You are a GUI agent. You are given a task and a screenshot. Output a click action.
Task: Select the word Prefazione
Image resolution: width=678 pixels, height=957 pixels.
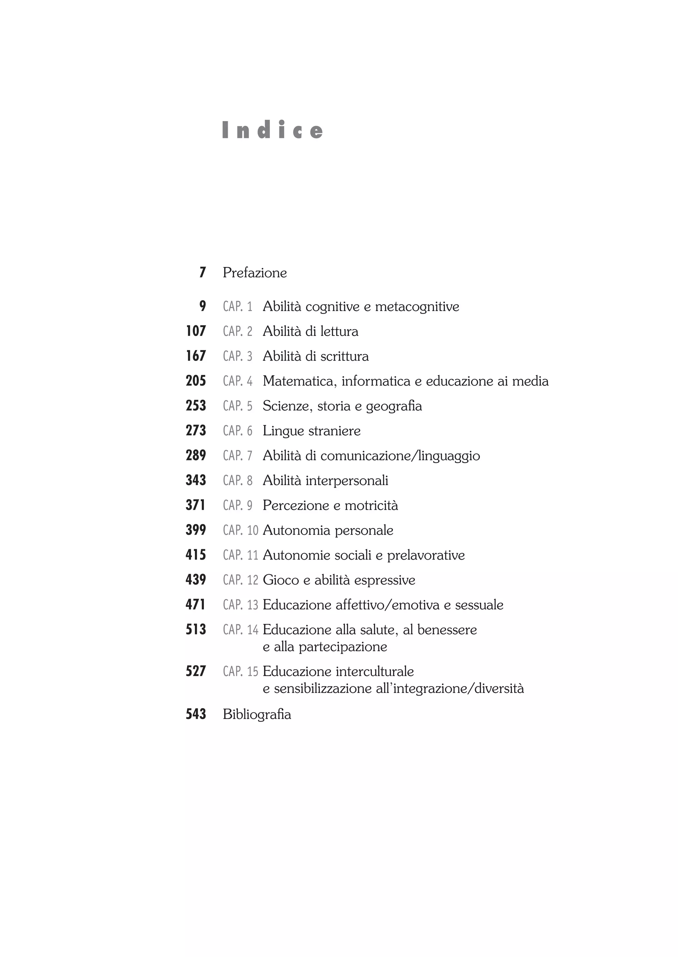[x=255, y=273]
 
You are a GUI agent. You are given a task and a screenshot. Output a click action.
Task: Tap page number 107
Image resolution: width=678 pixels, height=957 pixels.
[x=196, y=331]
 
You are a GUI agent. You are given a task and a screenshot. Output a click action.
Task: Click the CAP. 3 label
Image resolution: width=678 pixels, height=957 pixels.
[x=238, y=356]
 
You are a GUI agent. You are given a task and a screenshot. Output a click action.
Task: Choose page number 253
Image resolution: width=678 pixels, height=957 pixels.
[x=196, y=406]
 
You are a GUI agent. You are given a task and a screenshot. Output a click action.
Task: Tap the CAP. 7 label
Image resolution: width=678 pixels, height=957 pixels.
[x=238, y=456]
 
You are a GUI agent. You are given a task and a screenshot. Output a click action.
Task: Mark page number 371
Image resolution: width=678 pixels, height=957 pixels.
[x=196, y=505]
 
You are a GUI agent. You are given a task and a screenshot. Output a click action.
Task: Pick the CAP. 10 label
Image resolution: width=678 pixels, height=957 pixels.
[x=240, y=530]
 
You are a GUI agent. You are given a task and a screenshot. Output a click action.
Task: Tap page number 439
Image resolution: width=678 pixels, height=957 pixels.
[x=196, y=580]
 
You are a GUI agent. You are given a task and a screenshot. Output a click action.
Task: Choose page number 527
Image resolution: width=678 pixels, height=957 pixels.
[x=196, y=671]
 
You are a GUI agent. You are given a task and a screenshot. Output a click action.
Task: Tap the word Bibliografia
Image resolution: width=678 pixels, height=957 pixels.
[x=257, y=714]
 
